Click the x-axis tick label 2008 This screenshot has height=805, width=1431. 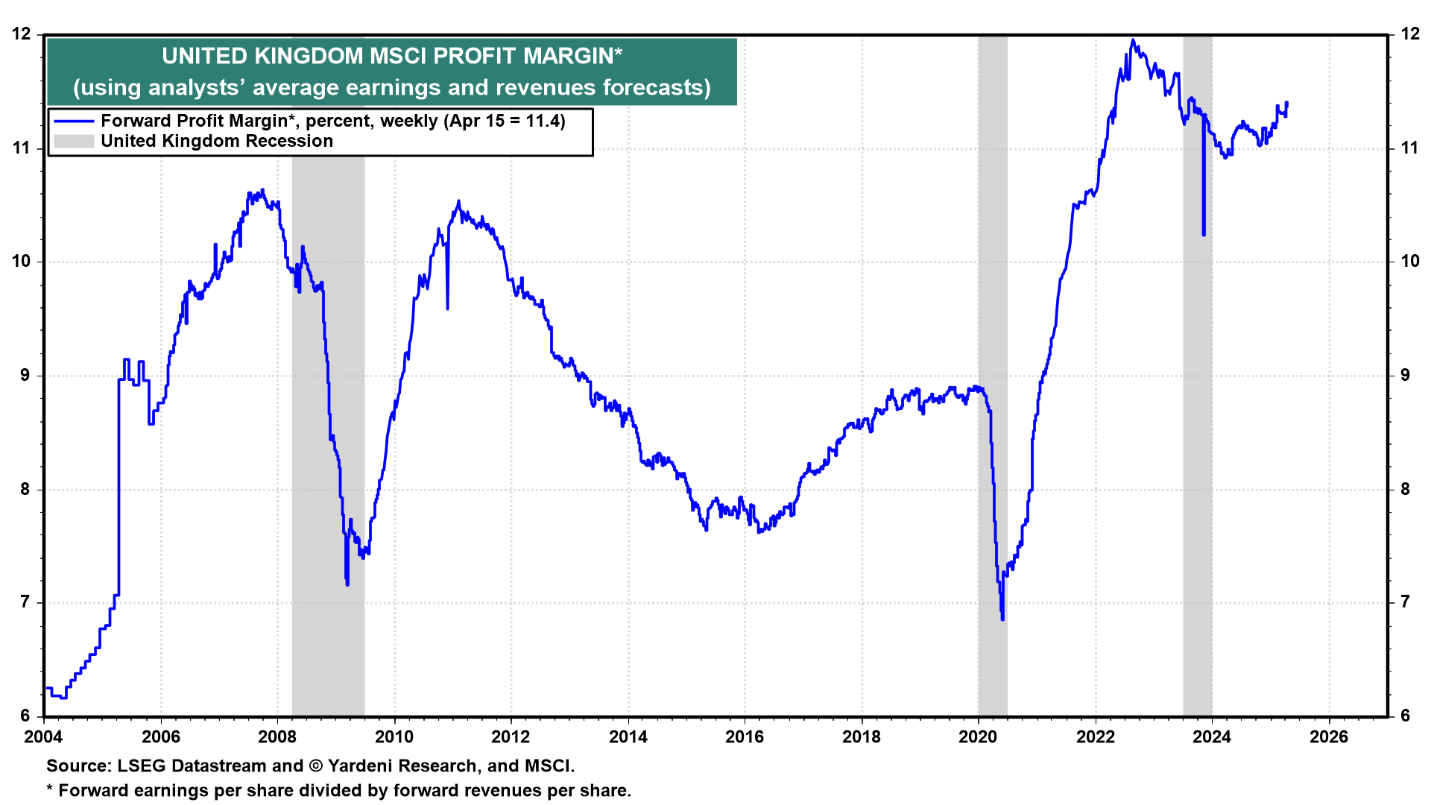[277, 737]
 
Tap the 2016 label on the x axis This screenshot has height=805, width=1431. [745, 737]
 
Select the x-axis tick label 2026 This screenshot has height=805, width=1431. [1329, 737]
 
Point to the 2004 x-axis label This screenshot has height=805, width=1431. [44, 737]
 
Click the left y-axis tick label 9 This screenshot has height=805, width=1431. [25, 375]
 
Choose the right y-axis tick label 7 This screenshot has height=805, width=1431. [1406, 602]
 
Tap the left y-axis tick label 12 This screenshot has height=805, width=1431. [22, 34]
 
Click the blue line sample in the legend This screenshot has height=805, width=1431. [74, 121]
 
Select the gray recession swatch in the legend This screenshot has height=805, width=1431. [74, 141]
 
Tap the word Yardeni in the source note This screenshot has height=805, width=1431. [361, 765]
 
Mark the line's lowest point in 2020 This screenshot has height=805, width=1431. [1002, 619]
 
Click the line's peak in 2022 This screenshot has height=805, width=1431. [1133, 40]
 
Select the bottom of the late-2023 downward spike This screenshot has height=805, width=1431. [1204, 235]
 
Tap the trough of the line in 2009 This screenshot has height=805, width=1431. [347, 584]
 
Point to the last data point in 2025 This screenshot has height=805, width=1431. [1287, 103]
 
